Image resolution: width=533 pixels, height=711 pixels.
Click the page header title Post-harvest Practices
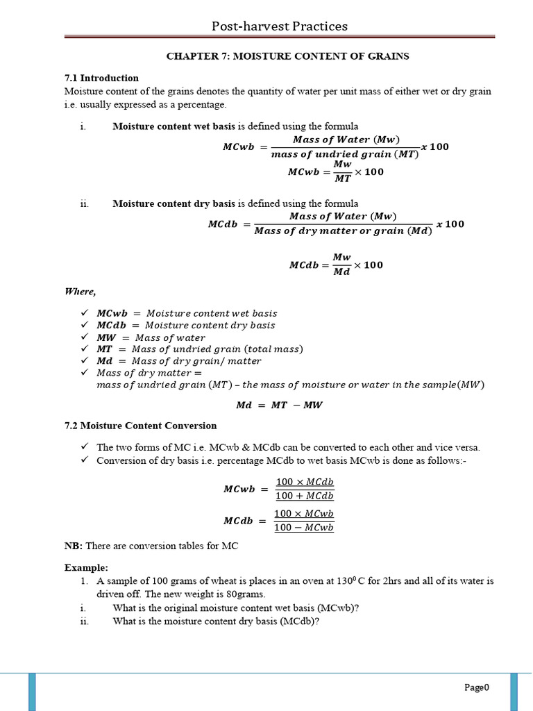(x=280, y=26)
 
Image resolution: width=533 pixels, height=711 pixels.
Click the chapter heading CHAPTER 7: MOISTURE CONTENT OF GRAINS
(x=287, y=56)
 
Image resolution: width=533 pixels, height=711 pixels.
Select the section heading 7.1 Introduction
(x=101, y=78)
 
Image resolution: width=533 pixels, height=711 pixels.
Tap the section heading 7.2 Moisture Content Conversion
(x=140, y=426)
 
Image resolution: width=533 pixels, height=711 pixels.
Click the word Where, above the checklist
(x=81, y=292)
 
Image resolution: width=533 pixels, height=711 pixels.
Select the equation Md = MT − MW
(x=280, y=405)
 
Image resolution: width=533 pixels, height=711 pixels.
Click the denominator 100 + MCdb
(x=305, y=496)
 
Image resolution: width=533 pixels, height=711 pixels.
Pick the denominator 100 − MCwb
(x=304, y=528)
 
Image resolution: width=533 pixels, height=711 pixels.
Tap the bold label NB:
(x=74, y=546)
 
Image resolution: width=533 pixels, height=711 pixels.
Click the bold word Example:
(x=86, y=567)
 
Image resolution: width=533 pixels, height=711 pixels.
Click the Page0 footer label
(x=477, y=687)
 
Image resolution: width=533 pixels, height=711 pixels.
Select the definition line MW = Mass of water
(x=151, y=337)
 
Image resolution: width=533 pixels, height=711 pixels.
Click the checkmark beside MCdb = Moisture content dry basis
(x=85, y=325)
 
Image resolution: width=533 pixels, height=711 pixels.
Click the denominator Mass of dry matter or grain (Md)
(x=343, y=231)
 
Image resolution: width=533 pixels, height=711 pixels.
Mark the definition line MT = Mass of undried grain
(x=200, y=349)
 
